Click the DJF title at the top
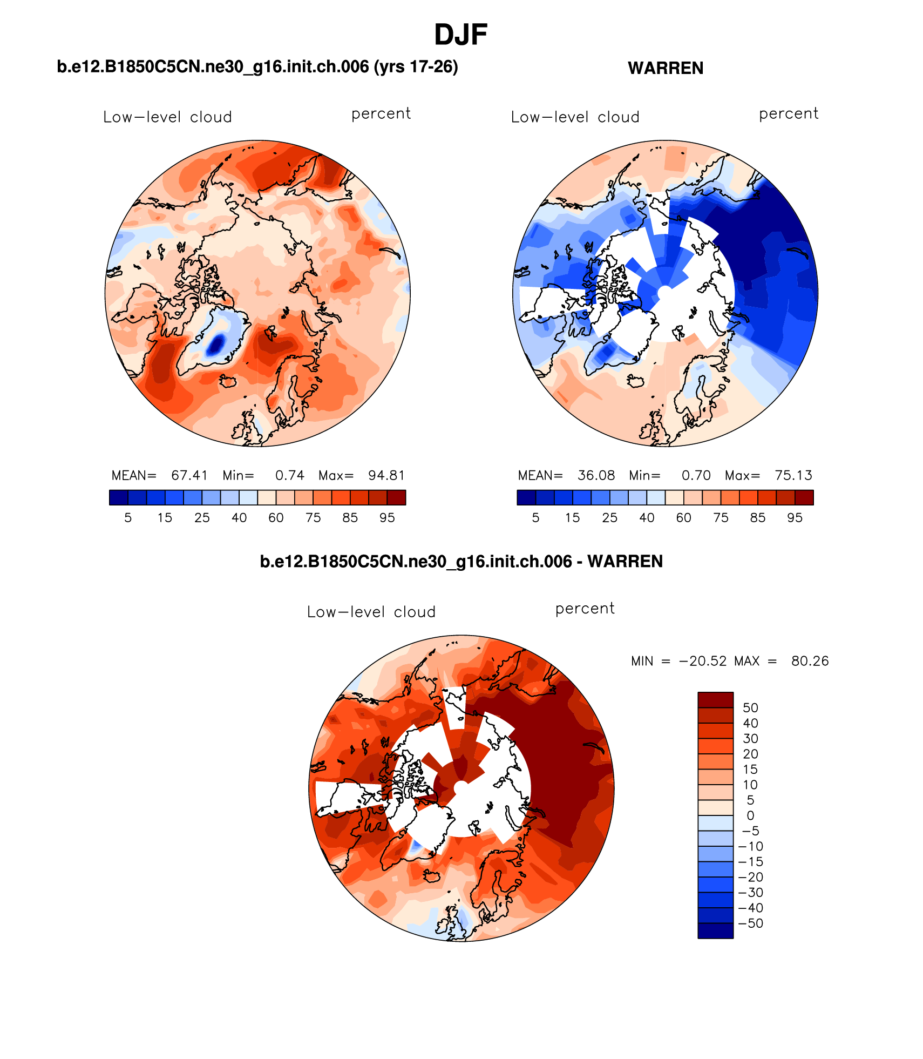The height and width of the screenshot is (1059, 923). point(460,35)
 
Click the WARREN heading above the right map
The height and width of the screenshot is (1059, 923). point(666,69)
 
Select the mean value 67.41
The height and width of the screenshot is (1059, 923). point(189,475)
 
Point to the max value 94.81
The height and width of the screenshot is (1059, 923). point(386,475)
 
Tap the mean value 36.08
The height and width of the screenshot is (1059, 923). point(596,475)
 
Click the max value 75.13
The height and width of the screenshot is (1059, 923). point(793,475)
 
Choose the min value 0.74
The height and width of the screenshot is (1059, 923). point(290,475)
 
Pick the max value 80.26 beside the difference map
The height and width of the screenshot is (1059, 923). point(810,661)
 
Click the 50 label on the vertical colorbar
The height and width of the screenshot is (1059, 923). point(750,708)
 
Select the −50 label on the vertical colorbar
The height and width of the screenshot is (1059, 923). point(751,923)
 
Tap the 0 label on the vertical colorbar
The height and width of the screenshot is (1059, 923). point(750,815)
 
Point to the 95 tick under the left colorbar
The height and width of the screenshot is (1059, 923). point(387,518)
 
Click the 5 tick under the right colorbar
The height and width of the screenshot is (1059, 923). point(535,518)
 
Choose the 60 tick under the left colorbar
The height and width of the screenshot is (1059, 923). point(276,518)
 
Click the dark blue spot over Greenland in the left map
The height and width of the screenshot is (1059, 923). point(216,344)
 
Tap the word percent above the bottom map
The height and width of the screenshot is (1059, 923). point(585,609)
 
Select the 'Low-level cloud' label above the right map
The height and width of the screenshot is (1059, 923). point(575,117)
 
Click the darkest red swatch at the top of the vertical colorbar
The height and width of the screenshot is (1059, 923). point(715,700)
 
